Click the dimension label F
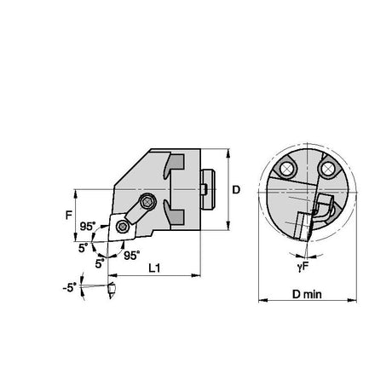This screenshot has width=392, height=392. (x=69, y=215)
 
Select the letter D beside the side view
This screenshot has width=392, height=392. (x=236, y=189)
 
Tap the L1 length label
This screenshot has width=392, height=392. (x=154, y=268)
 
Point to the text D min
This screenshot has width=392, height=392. (x=307, y=294)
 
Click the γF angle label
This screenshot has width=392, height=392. (x=303, y=267)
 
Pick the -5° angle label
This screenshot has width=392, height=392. (x=70, y=287)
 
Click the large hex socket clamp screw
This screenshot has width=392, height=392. (x=147, y=202)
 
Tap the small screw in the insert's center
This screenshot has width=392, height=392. (x=123, y=227)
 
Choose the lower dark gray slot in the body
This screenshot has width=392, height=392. (x=174, y=211)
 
